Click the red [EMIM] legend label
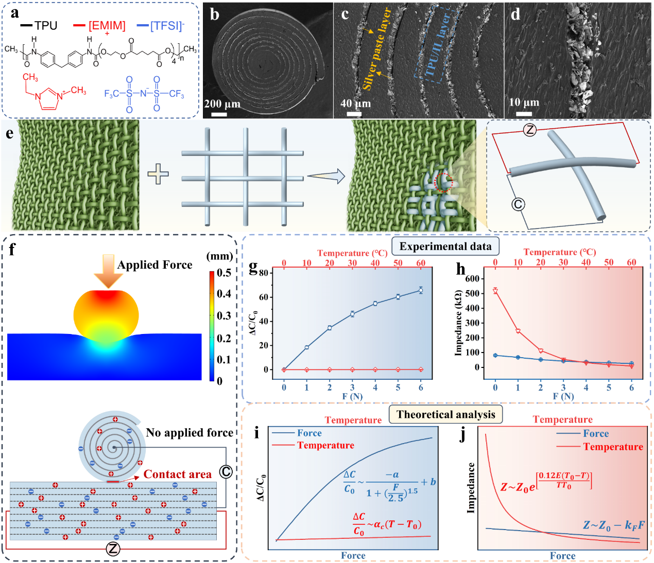click(107, 25)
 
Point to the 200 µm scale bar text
click(222, 103)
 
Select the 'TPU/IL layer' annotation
click(437, 45)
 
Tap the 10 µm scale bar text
click(524, 102)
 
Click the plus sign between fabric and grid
click(158, 174)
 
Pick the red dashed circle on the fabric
click(444, 182)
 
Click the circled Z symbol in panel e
click(530, 130)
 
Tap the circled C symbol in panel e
click(518, 204)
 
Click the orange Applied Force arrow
click(108, 270)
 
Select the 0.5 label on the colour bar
click(223, 273)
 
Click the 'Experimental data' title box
click(445, 247)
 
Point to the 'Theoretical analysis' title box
click(445, 415)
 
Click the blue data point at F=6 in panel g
click(421, 290)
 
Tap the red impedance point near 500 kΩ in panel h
click(495, 291)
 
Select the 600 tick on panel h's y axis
click(472, 278)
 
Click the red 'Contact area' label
click(177, 474)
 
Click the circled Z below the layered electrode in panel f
click(113, 549)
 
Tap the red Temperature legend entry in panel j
click(613, 447)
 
